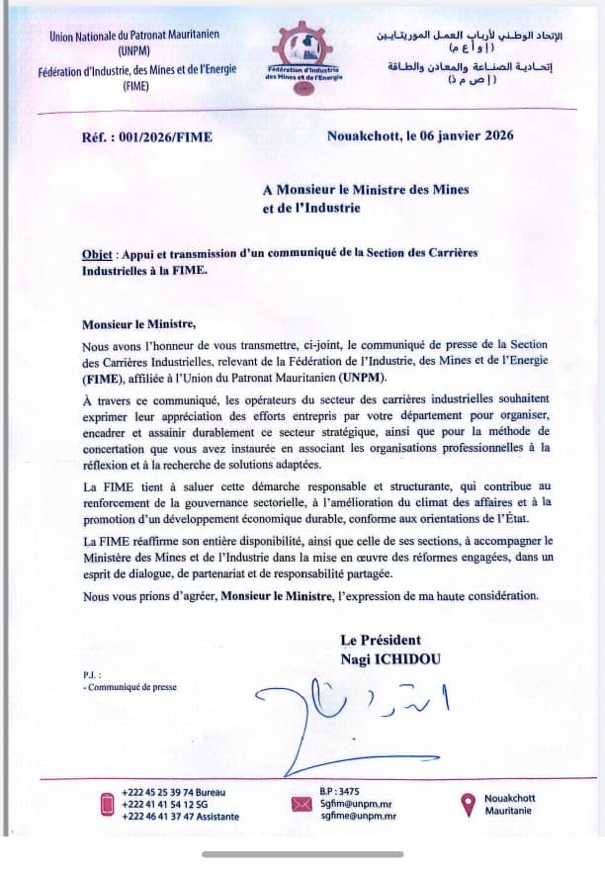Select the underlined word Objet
(x=97, y=253)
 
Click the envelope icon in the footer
(x=302, y=804)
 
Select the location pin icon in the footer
(x=468, y=805)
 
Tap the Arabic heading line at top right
(x=469, y=35)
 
